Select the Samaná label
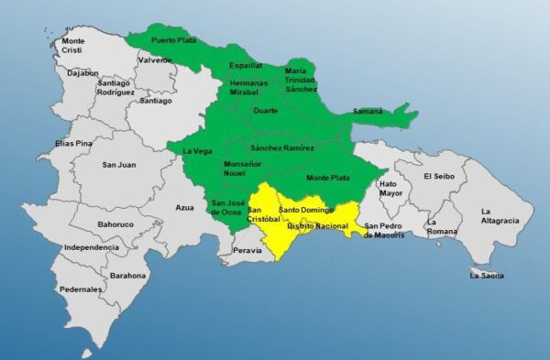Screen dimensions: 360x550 click(368, 112)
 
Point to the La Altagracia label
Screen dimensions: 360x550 click(500, 216)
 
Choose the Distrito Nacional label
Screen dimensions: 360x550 click(317, 224)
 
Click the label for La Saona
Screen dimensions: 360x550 click(487, 275)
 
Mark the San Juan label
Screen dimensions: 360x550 click(118, 165)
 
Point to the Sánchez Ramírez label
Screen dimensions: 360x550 click(282, 148)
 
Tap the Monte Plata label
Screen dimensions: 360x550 click(327, 177)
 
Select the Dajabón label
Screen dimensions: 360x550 click(82, 72)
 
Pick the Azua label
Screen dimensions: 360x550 click(185, 208)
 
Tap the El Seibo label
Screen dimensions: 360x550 click(439, 176)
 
